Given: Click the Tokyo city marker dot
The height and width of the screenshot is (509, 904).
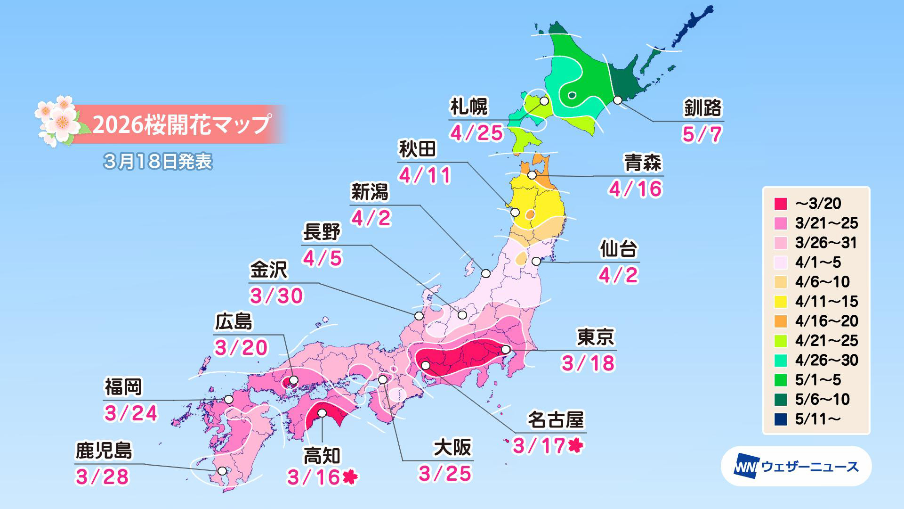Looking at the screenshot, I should coord(506,349).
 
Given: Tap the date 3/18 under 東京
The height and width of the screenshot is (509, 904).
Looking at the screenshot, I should coord(588,363).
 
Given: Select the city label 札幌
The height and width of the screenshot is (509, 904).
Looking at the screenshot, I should coord(469,107).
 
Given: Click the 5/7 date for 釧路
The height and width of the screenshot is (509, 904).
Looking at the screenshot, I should coord(702,134).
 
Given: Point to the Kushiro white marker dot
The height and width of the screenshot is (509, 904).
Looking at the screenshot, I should coord(618,100).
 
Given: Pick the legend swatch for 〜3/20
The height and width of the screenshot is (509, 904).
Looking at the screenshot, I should coord(781,204).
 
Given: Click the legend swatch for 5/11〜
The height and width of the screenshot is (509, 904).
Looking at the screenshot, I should coord(781,419).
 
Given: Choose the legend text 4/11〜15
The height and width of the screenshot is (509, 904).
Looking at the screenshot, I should coord(826,301).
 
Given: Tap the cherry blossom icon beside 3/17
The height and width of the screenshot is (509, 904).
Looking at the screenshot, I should coord(575,445).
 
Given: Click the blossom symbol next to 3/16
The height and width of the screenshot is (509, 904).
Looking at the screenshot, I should coord(350,477).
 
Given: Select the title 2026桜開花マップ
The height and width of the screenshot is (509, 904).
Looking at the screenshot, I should coord(181,124).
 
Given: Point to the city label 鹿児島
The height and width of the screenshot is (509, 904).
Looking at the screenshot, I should coord(104,451).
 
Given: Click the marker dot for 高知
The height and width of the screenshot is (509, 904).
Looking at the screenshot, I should coord(322,413).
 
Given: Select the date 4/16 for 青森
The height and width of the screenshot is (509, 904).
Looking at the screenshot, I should coord(636,189).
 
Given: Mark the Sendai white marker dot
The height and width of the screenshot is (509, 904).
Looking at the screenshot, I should coord(536,261).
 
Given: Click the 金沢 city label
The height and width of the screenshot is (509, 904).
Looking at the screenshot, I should coord(268,271).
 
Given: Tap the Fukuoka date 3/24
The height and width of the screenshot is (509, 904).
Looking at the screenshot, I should coord(131,413).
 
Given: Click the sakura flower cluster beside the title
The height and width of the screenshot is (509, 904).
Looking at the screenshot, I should coord(59,121).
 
